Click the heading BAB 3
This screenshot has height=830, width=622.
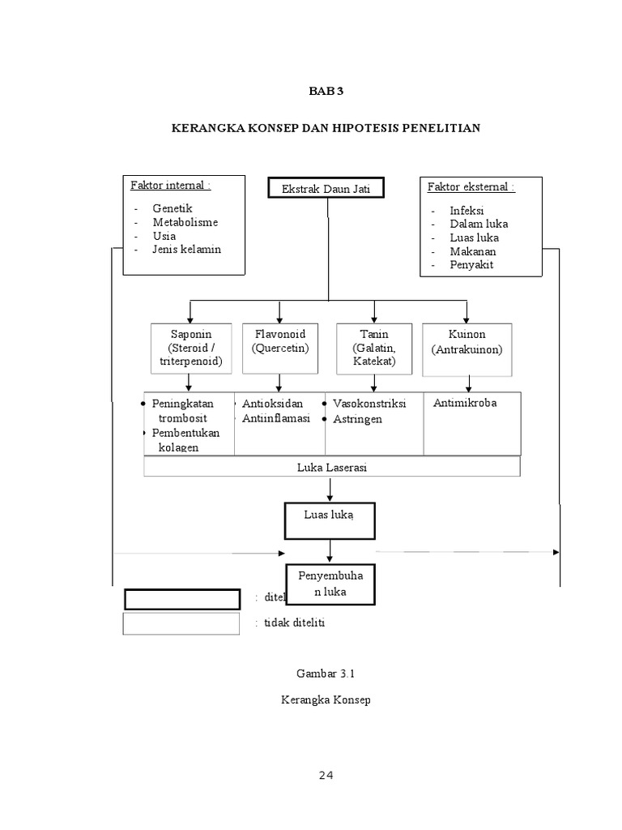(326, 91)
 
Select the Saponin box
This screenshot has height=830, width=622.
(190, 348)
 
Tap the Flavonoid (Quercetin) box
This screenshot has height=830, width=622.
(279, 348)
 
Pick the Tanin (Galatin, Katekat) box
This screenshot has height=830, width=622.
(374, 348)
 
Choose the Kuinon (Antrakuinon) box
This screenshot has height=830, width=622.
(466, 349)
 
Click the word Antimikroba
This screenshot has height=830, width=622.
(465, 403)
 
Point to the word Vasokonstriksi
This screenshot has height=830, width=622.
(369, 404)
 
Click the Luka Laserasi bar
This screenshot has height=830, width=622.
(331, 467)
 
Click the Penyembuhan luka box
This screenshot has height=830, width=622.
(328, 584)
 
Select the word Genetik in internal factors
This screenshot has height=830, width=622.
(172, 208)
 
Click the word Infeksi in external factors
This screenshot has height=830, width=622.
(466, 210)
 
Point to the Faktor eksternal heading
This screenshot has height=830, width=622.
(471, 187)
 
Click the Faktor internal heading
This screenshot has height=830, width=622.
(170, 185)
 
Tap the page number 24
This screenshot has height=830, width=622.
(326, 776)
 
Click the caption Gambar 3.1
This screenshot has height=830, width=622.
(326, 673)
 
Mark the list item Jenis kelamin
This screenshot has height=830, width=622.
(186, 249)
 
